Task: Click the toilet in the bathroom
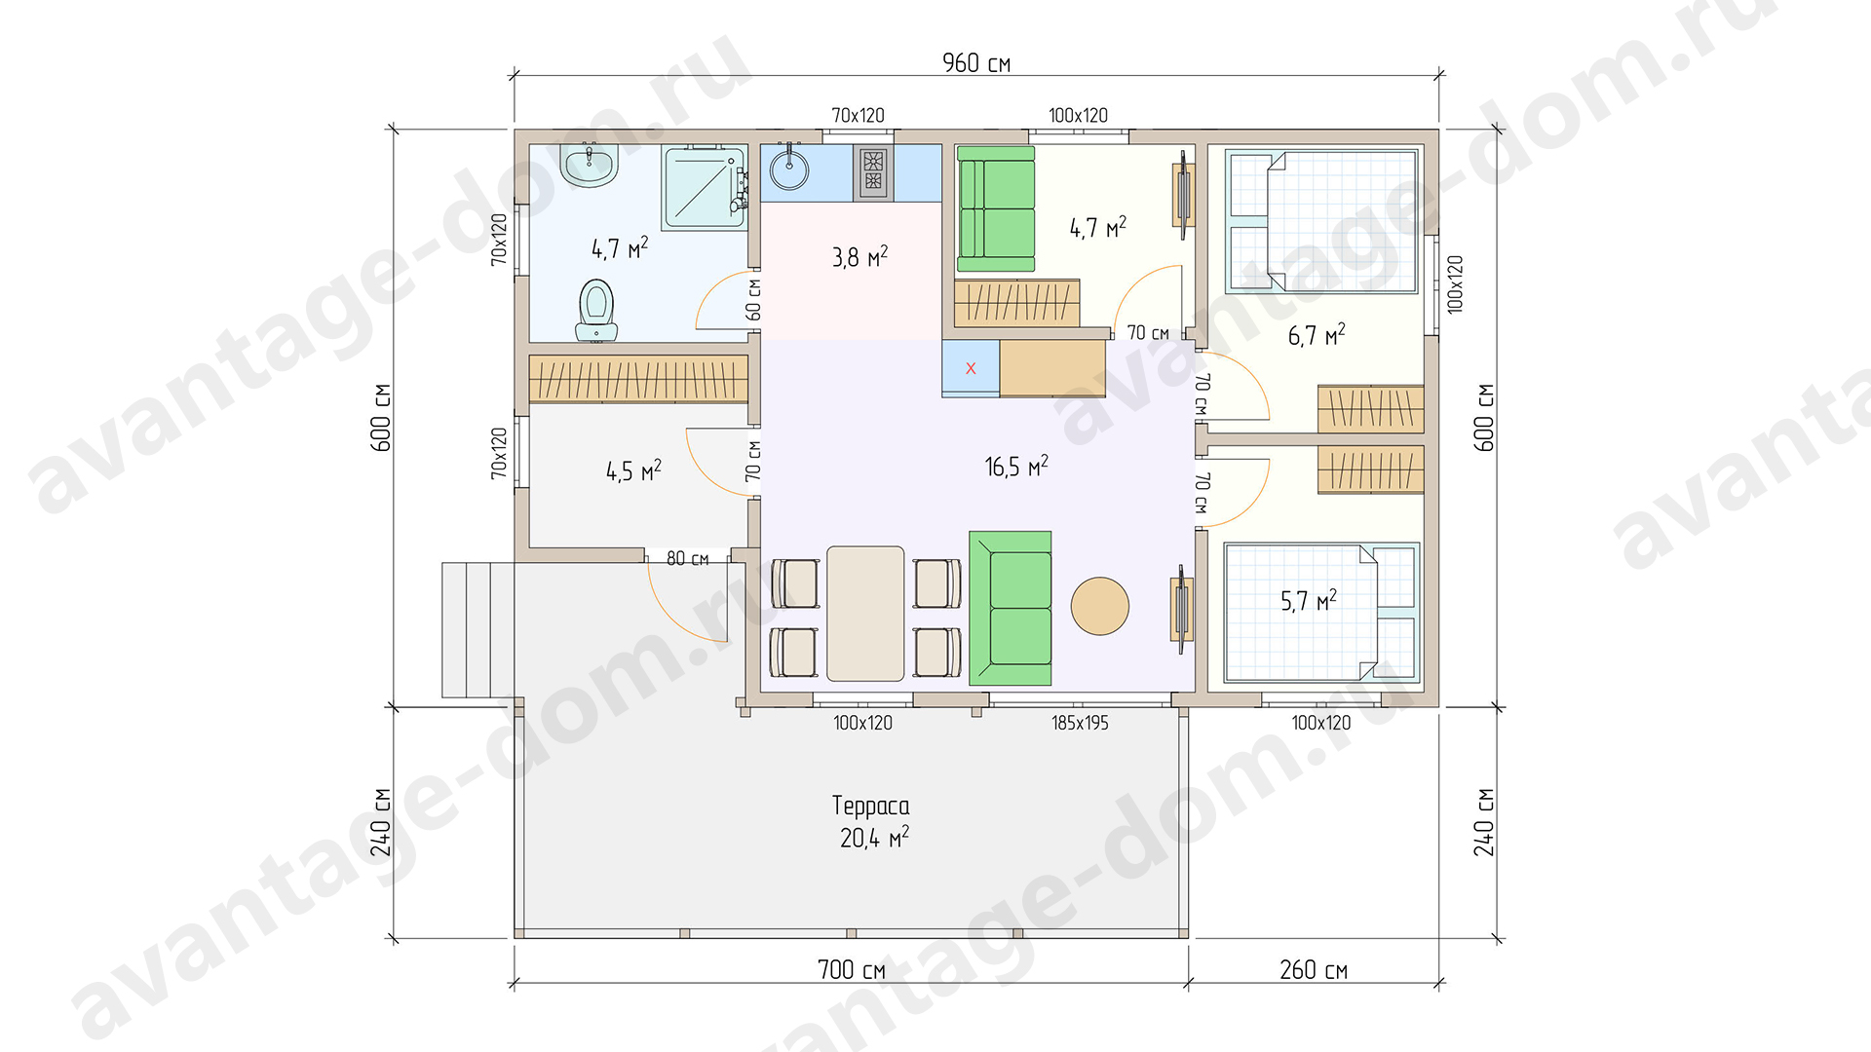tap(596, 311)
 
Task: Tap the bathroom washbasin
tap(590, 166)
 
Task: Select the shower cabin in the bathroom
tap(705, 188)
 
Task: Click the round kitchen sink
tap(789, 169)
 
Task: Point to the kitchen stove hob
tap(873, 172)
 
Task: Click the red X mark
tap(971, 368)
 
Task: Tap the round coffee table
tap(1100, 606)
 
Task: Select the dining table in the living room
tap(865, 613)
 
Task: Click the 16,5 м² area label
tap(1016, 466)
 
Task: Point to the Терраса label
tap(871, 806)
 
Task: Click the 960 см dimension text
tap(976, 63)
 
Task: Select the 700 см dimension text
tap(852, 969)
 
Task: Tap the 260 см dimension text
tap(1314, 969)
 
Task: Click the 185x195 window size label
tap(1080, 723)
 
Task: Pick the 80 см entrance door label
tap(688, 558)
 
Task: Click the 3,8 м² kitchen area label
tap(859, 257)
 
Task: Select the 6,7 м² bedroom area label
tap(1317, 335)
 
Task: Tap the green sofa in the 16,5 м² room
tap(1011, 608)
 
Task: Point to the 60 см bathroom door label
tap(753, 299)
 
